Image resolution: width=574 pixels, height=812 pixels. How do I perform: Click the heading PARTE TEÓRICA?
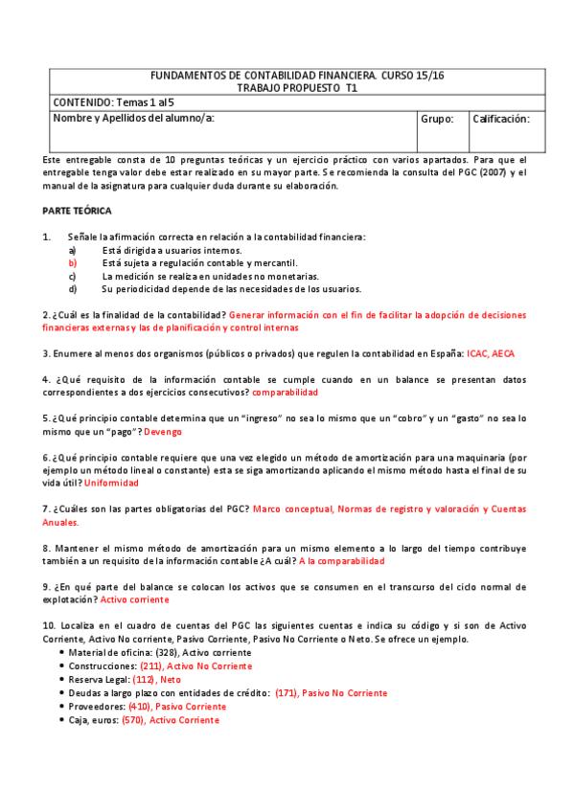pyautogui.click(x=77, y=210)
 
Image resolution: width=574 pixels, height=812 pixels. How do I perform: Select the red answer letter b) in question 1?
pyautogui.click(x=72, y=262)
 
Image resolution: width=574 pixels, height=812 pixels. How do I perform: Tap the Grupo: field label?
pyautogui.click(x=437, y=120)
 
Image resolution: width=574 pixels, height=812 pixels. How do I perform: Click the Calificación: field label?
pyautogui.click(x=501, y=120)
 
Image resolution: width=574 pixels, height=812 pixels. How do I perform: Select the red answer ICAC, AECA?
pyautogui.click(x=491, y=353)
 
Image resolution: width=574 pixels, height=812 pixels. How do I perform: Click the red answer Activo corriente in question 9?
pyautogui.click(x=135, y=599)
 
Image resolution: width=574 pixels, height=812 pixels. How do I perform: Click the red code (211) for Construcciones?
pyautogui.click(x=151, y=665)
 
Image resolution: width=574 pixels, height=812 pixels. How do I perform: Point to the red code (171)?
pyautogui.click(x=287, y=692)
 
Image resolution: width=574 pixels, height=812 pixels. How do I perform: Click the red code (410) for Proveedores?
pyautogui.click(x=140, y=706)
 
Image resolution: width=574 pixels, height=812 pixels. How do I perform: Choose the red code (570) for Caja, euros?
pyautogui.click(x=133, y=719)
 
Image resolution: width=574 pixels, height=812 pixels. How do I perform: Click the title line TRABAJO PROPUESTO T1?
pyautogui.click(x=297, y=86)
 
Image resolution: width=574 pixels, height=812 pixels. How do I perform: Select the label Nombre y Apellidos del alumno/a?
pyautogui.click(x=133, y=120)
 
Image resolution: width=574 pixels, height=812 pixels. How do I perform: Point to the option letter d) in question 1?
pyautogui.click(x=72, y=288)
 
